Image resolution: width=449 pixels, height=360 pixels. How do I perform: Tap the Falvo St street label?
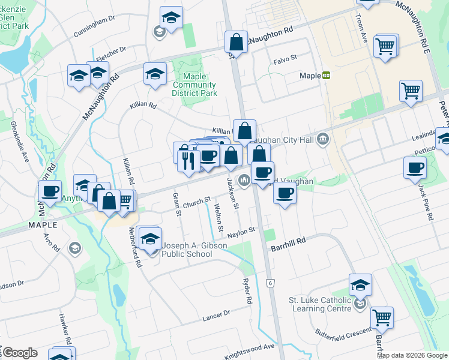[285, 59]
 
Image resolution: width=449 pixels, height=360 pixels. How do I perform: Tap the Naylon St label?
[243, 230]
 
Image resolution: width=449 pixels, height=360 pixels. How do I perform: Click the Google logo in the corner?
[19, 353]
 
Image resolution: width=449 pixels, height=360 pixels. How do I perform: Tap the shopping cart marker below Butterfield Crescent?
[382, 317]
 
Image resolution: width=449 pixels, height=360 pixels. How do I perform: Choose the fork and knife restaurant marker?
[190, 160]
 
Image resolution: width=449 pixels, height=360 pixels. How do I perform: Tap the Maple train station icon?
[327, 76]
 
